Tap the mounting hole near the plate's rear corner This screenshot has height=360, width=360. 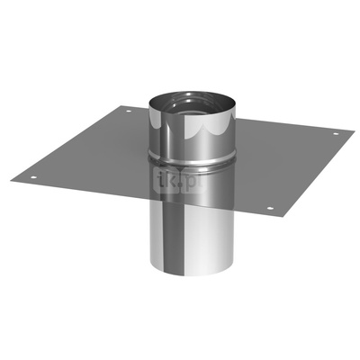tap(127, 112)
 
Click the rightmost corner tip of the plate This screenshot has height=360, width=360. tap(352, 133)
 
